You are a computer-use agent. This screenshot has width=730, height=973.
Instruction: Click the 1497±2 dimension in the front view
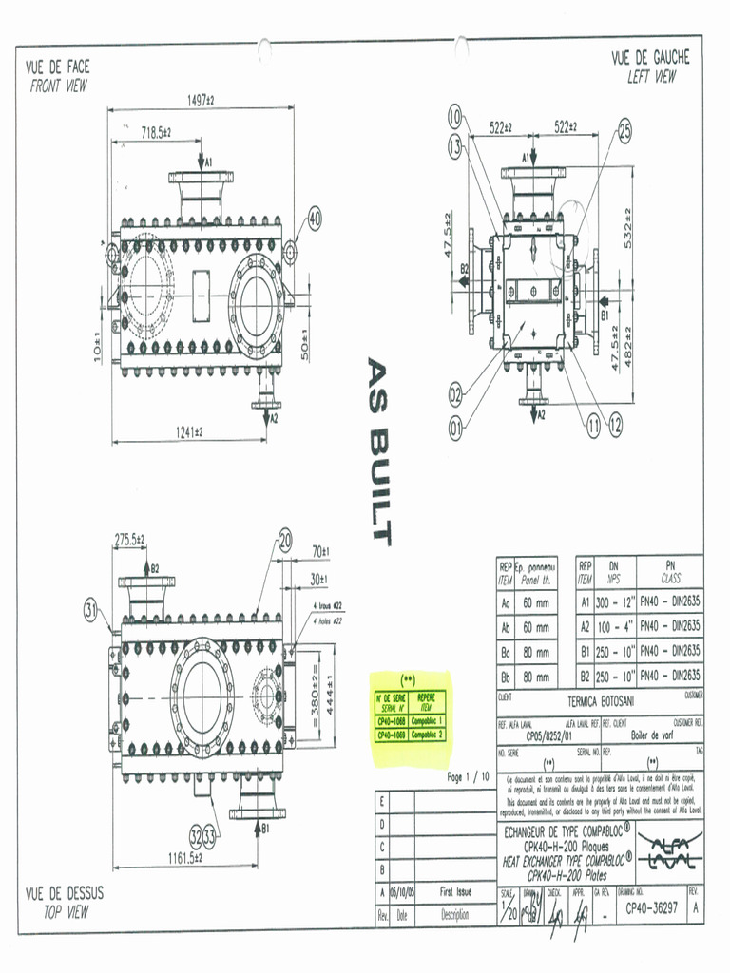click(x=202, y=100)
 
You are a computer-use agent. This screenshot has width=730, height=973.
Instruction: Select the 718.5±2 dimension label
click(x=149, y=133)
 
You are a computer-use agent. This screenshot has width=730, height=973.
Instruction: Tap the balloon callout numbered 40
click(x=312, y=219)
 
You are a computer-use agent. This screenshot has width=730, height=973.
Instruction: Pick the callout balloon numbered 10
click(x=455, y=117)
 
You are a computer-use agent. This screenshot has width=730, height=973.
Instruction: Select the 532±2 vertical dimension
click(x=628, y=227)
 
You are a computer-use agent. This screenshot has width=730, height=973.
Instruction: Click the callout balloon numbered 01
click(x=456, y=428)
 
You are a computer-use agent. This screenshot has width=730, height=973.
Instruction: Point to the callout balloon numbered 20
click(x=285, y=542)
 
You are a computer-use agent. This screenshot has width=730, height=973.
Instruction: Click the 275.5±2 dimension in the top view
click(x=130, y=540)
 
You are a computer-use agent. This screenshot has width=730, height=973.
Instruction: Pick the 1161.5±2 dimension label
click(x=184, y=858)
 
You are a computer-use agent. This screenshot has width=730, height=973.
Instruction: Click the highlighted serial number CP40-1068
click(x=392, y=721)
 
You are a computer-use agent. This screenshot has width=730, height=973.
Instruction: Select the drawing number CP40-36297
click(x=653, y=908)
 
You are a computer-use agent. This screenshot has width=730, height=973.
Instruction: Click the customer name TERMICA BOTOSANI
click(x=601, y=701)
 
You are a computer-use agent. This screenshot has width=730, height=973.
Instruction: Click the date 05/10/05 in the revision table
click(x=402, y=893)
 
